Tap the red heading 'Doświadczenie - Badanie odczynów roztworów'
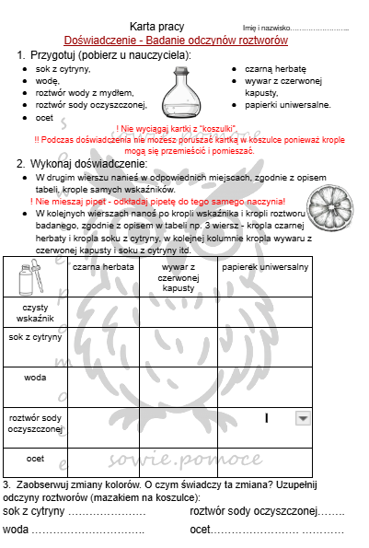click(x=176, y=41)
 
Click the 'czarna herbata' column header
click(x=102, y=267)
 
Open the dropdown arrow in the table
click(x=302, y=418)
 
